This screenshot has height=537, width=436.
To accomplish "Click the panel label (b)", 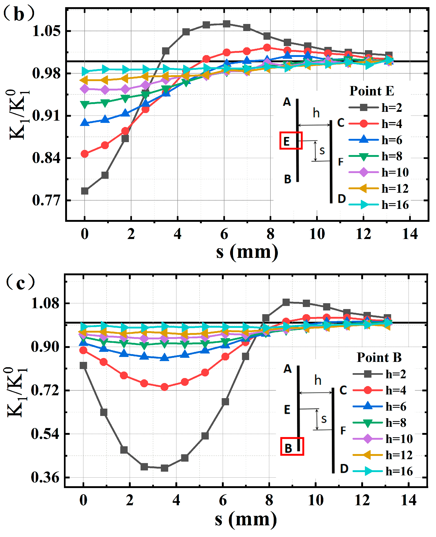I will point(19,14).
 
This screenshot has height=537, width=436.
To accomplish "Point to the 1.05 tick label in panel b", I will point(47,31).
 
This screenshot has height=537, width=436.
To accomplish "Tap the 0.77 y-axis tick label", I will point(47,201).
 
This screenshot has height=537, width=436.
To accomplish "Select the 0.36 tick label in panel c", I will point(45,477).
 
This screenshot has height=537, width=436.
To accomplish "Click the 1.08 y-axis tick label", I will point(45,303).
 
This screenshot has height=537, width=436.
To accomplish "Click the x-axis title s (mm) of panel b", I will point(247,252).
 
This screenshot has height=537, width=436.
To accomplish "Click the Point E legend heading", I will point(372,91).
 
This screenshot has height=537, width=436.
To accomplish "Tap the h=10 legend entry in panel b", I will point(379,172).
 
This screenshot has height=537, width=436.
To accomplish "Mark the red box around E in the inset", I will point(291,140).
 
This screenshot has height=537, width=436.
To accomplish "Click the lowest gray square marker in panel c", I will point(165,468).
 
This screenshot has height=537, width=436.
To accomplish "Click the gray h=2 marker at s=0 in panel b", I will point(85,191).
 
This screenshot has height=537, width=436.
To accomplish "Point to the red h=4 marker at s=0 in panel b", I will point(85,154).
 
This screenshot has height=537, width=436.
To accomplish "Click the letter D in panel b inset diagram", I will point(342,199).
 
